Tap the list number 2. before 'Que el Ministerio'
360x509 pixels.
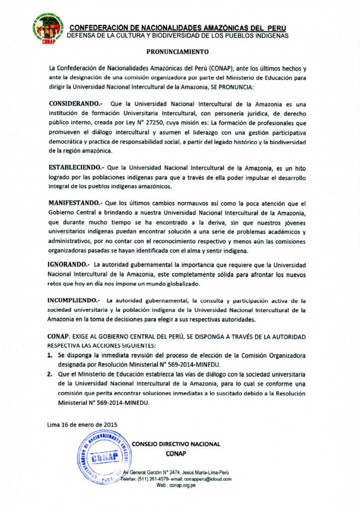tap(51, 374)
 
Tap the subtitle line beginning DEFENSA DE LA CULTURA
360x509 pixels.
tap(177, 35)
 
